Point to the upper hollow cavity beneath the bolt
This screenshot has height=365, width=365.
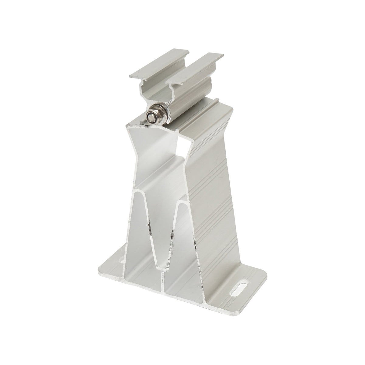[158, 143]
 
